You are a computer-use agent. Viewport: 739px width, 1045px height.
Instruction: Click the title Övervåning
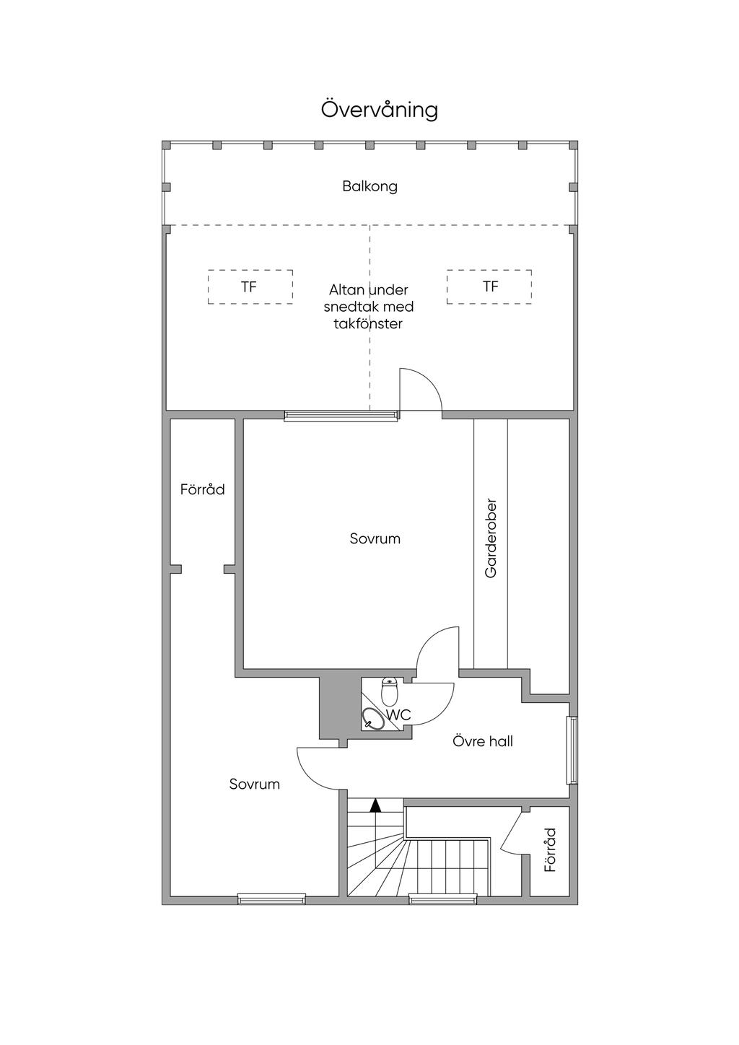380,110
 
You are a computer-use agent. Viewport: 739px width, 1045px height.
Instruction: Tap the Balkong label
369,187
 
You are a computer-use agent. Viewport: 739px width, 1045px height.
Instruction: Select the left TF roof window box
250,287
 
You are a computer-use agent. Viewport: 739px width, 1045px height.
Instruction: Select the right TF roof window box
489,287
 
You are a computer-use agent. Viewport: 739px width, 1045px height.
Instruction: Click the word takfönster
368,324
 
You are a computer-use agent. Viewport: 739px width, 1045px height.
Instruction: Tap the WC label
398,714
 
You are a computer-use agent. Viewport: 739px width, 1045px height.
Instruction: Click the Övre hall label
482,741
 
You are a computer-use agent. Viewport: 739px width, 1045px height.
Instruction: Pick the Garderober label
491,539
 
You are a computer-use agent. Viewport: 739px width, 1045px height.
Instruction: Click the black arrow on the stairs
375,805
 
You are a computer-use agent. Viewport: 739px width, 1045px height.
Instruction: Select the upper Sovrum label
375,539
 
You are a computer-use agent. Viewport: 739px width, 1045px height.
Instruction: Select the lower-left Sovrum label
254,784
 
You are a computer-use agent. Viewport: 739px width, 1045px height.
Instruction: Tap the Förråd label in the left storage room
203,489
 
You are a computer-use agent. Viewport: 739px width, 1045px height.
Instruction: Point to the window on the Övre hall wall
573,750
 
